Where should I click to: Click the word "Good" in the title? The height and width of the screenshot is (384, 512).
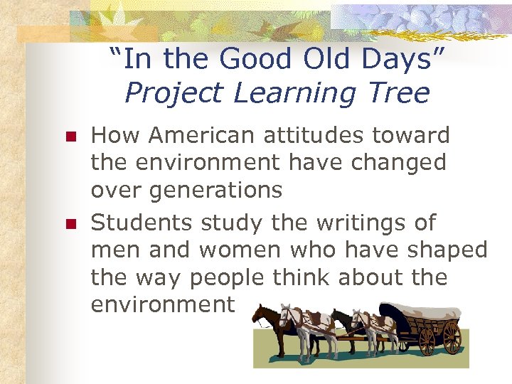(x=258, y=59)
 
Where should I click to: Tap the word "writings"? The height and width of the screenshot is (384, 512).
(x=339, y=223)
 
